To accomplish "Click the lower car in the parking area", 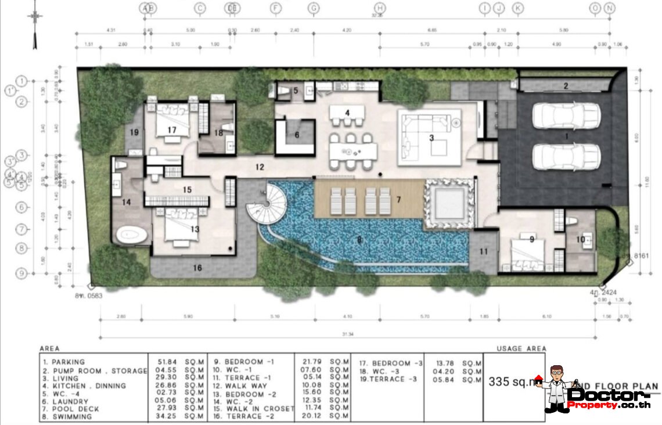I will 566,156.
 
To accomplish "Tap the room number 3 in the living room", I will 431,138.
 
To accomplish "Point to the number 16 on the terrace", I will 197,268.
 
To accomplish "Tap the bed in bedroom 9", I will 527,254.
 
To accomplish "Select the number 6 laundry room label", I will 297,135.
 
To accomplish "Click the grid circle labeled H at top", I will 380,8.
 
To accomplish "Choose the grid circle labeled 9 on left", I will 21,272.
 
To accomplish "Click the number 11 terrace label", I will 484,251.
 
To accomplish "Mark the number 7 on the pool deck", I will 398,200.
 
